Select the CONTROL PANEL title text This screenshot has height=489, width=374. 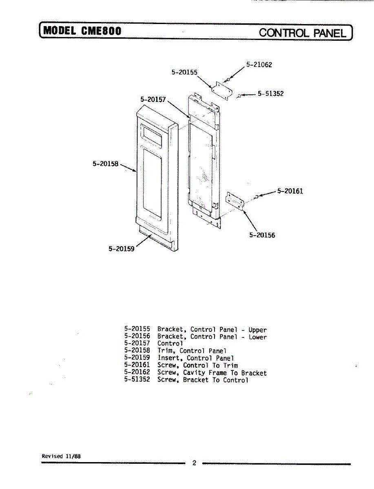(303, 33)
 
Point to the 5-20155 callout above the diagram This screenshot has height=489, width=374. (184, 72)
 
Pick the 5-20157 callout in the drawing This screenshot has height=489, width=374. (153, 99)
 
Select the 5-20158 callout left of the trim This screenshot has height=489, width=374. (106, 164)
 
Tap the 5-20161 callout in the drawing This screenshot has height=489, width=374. (290, 191)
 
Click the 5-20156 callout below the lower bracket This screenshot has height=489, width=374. (262, 235)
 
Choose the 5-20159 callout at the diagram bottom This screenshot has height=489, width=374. (121, 249)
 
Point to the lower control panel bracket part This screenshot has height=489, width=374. (235, 201)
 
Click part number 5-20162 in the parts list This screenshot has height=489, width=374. (137, 372)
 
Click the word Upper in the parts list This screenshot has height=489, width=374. (257, 330)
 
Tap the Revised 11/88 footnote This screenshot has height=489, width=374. (61, 456)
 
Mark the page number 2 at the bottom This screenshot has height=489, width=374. (194, 463)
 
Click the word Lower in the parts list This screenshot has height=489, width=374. (257, 337)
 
